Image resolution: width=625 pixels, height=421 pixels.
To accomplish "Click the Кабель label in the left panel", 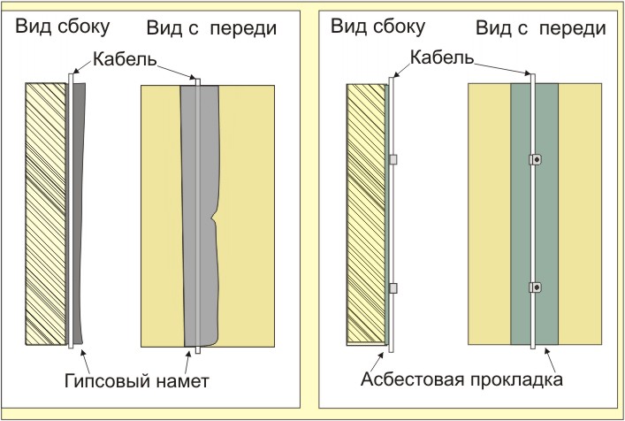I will point(125,60).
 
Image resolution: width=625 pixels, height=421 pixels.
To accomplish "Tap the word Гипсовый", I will point(107,382).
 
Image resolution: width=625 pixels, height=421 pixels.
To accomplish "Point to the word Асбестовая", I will point(412,383).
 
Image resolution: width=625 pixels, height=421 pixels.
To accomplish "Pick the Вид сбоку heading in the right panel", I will point(377,27).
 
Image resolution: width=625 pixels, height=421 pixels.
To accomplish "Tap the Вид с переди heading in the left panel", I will point(212,28).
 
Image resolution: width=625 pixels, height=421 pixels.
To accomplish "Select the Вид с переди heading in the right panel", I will point(540,27).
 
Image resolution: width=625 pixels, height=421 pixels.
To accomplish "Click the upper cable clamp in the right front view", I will point(535,160).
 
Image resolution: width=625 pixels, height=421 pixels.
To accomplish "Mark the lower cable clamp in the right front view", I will point(535,287).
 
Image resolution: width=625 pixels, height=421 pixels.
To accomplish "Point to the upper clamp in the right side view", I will point(394,160).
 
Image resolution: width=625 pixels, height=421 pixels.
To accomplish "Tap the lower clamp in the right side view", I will point(394,287).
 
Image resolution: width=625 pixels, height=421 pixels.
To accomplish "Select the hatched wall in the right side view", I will point(365,212).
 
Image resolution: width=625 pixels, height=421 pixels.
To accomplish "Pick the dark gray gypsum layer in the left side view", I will point(80,212).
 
